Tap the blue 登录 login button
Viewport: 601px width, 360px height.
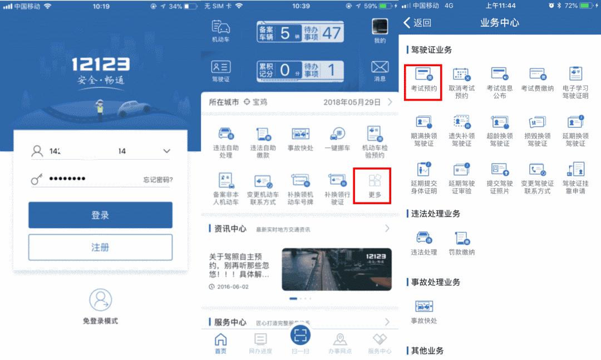[x=100, y=215]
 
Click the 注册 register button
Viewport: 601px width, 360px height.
[x=100, y=247]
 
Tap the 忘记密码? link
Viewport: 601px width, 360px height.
[x=157, y=179]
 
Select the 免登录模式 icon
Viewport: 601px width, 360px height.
[x=100, y=300]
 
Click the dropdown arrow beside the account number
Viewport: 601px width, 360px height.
[x=166, y=151]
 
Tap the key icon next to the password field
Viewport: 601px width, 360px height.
[x=37, y=179]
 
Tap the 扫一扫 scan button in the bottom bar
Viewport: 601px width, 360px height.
[x=300, y=335]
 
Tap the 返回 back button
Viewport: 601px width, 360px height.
[x=417, y=23]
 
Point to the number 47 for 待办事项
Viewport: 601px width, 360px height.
[x=332, y=32]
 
